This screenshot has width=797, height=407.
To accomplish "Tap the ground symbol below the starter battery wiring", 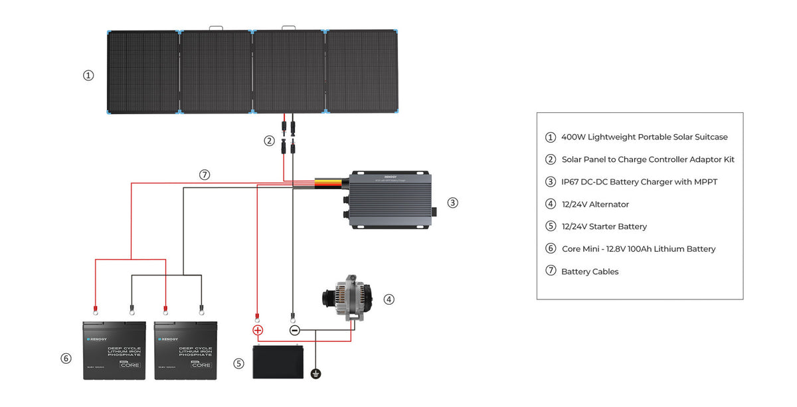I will (316, 374).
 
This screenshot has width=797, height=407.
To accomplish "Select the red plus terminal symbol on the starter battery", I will (258, 330).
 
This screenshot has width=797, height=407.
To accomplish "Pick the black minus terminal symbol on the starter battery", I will (295, 330).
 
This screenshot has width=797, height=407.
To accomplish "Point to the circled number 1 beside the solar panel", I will (88, 76).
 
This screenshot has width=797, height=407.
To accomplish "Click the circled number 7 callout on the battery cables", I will (205, 175).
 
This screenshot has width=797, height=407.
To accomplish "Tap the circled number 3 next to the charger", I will (452, 203).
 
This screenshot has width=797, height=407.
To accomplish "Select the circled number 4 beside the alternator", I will (389, 299).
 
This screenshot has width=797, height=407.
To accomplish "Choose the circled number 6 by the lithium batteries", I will (66, 359).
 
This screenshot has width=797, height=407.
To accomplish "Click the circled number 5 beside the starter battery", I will (239, 363).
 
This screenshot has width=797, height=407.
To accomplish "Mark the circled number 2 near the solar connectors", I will (269, 141).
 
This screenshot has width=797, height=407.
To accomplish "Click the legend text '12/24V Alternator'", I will (595, 204).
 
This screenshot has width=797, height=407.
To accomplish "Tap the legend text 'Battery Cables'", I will (590, 272).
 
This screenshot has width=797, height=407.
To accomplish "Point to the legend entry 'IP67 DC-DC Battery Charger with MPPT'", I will (640, 182).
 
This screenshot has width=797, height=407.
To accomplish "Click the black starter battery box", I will (278, 363).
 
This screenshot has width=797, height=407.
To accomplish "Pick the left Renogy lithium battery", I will (114, 351).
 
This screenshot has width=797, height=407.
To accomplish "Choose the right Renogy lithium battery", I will (185, 351).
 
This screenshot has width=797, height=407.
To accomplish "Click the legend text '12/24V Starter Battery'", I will (604, 226).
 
